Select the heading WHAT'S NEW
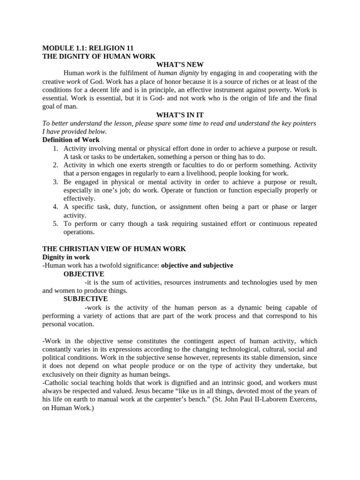point(180,65)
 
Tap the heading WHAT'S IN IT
point(180,115)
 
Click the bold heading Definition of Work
point(71,140)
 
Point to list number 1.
point(55,149)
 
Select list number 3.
point(55,182)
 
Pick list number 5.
point(55,224)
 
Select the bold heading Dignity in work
point(66,257)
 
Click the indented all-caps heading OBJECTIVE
point(84,274)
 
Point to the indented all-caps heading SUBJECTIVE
point(86,299)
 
